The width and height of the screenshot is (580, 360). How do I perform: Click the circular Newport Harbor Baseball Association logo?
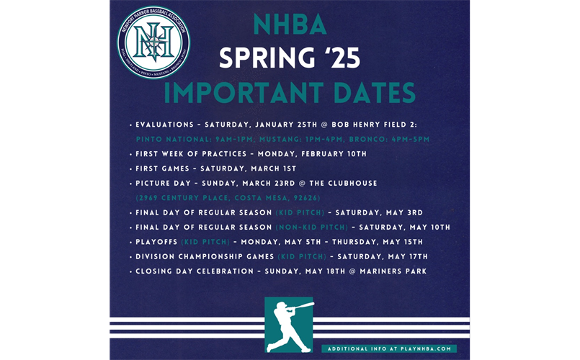point(153,42)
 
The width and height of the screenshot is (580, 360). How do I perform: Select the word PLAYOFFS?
point(156,242)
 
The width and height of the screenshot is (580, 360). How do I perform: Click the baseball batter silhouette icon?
point(289,325)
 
